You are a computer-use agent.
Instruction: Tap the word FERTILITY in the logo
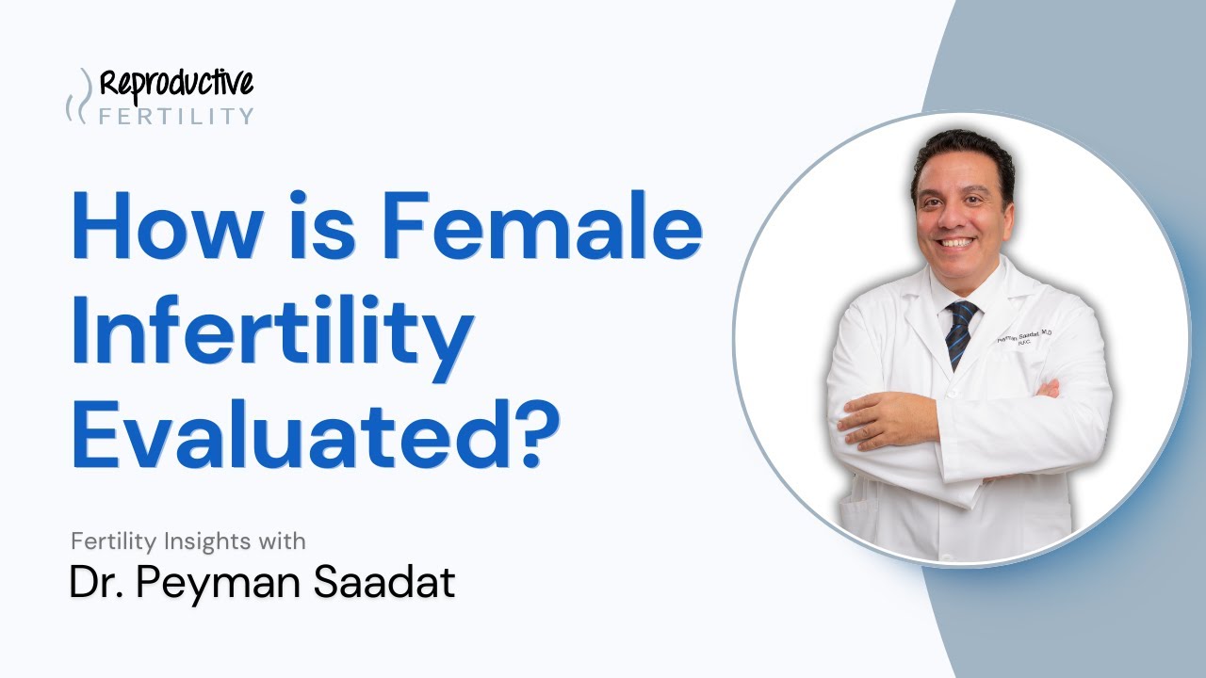[x=176, y=117]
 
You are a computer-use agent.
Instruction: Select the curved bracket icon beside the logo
[x=79, y=96]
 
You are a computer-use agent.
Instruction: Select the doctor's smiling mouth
[x=958, y=242]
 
